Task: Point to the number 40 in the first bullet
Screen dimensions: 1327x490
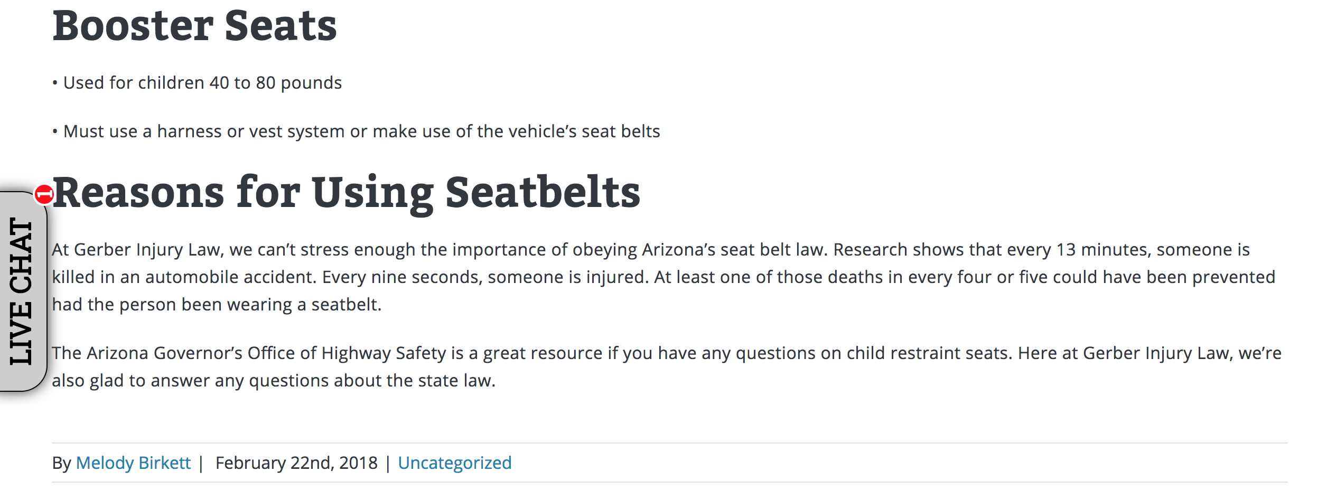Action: click(x=219, y=83)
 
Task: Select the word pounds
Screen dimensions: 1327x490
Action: click(x=311, y=83)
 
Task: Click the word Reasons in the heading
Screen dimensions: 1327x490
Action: click(x=138, y=192)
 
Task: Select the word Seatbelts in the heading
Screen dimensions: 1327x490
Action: click(x=543, y=192)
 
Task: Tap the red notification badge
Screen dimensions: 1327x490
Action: click(x=44, y=194)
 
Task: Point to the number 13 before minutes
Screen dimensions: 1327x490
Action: click(x=1066, y=250)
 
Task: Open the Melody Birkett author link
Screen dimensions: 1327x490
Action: click(x=133, y=463)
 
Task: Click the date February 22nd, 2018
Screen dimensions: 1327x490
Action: click(x=296, y=463)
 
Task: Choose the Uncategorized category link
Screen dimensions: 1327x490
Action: click(x=454, y=463)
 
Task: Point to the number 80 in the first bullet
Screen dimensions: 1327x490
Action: click(x=266, y=83)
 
